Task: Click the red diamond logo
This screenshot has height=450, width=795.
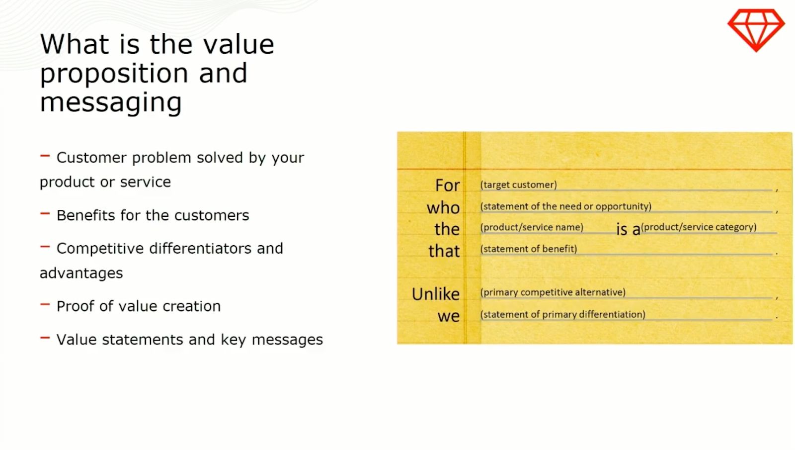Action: tap(756, 30)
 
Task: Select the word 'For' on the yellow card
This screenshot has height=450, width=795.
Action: tap(448, 185)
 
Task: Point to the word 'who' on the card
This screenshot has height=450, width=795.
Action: tap(443, 207)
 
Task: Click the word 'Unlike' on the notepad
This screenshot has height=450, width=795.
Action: tap(436, 294)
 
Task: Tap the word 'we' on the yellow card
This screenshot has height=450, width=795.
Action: tap(449, 316)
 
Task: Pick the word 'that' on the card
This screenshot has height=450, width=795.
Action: tap(444, 251)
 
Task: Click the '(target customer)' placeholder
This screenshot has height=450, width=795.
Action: tap(519, 184)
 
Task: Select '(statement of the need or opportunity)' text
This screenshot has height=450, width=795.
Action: tap(566, 206)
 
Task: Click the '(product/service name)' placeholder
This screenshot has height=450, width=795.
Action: tap(532, 227)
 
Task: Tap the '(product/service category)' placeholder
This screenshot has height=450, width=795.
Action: tap(699, 227)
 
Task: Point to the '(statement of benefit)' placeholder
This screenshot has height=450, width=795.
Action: tap(529, 249)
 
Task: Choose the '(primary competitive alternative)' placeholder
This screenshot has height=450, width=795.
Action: tap(553, 292)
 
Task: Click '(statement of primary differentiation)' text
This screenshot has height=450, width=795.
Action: tap(563, 314)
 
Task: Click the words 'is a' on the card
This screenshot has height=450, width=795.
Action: tap(628, 229)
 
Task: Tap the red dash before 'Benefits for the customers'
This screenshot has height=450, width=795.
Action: tap(45, 213)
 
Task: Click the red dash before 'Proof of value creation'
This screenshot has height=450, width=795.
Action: tap(45, 304)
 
